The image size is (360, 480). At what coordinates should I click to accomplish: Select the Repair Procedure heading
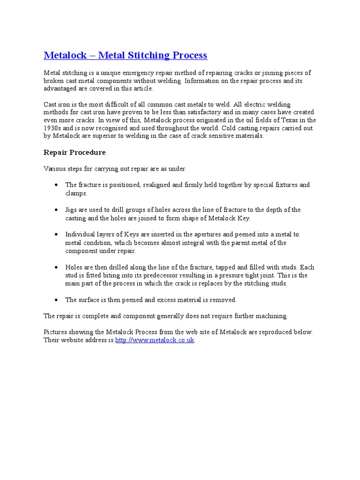point(75,152)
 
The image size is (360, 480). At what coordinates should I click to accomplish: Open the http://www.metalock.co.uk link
point(155,340)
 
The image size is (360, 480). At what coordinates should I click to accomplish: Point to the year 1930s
point(53,128)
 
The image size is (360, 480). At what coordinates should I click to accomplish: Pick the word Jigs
point(72,210)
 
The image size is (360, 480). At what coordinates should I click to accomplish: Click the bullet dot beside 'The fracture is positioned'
point(56,185)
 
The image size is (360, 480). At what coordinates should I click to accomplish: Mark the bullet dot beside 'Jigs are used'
point(56,210)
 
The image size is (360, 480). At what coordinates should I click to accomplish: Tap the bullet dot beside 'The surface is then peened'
point(56,300)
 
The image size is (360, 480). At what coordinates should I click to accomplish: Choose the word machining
point(269,316)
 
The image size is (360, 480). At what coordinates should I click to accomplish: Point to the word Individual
point(81,234)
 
